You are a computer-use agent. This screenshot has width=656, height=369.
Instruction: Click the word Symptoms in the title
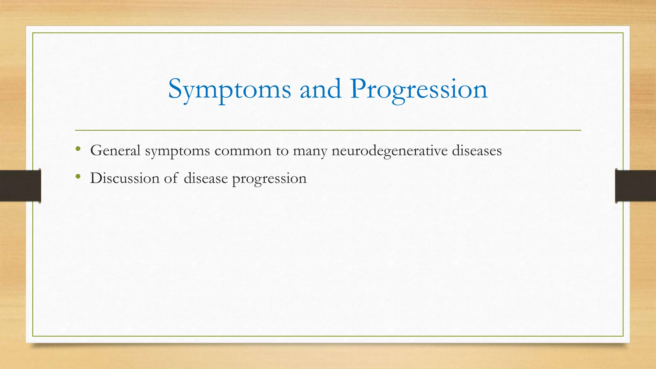click(229, 90)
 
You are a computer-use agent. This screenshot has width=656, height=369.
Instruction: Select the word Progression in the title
click(419, 90)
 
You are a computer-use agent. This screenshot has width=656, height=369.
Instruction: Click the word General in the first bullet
click(115, 151)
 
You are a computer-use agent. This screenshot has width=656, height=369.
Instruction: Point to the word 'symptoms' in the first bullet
click(177, 151)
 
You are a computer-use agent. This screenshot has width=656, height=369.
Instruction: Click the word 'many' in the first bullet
click(310, 151)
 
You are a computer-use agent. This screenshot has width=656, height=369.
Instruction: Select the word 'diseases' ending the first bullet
click(477, 151)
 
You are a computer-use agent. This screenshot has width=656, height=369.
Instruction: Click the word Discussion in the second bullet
click(125, 178)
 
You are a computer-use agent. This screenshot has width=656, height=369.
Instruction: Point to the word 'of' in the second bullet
click(171, 178)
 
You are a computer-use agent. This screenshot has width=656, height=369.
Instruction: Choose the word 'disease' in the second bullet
click(206, 178)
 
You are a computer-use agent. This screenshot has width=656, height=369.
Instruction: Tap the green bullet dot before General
click(78, 149)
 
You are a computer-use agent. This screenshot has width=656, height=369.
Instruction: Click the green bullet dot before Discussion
click(78, 176)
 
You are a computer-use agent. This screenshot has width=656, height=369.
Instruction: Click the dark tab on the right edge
click(635, 186)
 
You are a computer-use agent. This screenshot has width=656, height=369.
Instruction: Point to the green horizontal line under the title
click(328, 130)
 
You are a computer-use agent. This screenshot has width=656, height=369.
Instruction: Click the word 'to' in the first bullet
click(282, 151)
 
